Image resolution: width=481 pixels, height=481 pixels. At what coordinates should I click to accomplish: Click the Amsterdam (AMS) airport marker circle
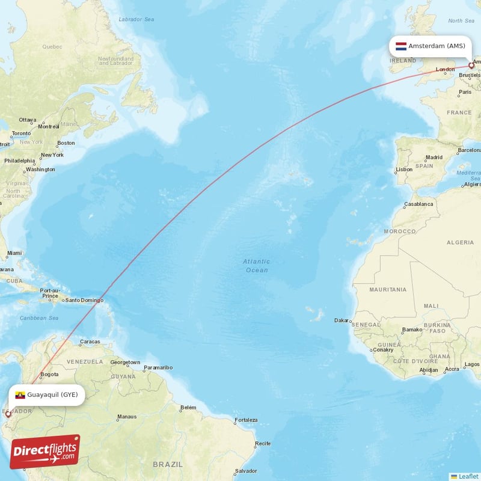pyautogui.click(x=471, y=66)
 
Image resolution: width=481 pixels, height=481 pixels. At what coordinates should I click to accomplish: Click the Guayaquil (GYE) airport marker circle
pyautogui.click(x=8, y=414)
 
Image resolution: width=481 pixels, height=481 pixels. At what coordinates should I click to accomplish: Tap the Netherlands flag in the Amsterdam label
pyautogui.click(x=400, y=46)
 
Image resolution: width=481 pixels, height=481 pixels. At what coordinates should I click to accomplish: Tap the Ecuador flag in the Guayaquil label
pyautogui.click(x=20, y=395)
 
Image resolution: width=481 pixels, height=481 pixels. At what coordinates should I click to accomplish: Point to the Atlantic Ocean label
pyautogui.click(x=257, y=266)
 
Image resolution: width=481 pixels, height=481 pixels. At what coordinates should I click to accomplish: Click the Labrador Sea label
pyautogui.click(x=136, y=19)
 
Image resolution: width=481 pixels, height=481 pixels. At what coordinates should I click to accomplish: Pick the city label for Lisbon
pyautogui.click(x=404, y=170)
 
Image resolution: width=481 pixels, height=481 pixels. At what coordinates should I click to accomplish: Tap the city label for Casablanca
pyautogui.click(x=418, y=204)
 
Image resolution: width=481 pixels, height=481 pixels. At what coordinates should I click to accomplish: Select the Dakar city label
pyautogui.click(x=342, y=320)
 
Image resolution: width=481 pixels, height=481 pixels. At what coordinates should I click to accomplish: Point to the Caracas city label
pyautogui.click(x=90, y=342)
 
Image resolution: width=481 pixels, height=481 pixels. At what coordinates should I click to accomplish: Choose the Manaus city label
pyautogui.click(x=127, y=416)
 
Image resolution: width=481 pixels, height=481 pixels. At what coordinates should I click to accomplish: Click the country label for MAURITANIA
pyautogui.click(x=388, y=290)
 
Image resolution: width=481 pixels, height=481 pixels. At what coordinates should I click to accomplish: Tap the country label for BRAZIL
pyautogui.click(x=168, y=464)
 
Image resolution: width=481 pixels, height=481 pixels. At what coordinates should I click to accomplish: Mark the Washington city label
pyautogui.click(x=40, y=170)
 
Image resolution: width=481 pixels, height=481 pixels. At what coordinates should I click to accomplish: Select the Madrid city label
pyautogui.click(x=434, y=158)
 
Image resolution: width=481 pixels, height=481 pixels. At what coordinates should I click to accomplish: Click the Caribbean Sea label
pyautogui.click(x=39, y=317)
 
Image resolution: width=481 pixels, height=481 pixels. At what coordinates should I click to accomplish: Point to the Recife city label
pyautogui.click(x=262, y=444)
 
